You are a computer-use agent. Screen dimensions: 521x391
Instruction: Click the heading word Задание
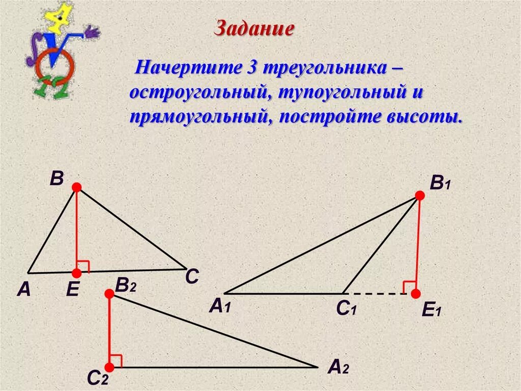(254, 28)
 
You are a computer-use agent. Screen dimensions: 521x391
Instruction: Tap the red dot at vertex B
(76, 188)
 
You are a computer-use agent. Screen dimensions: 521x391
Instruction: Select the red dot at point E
(76, 273)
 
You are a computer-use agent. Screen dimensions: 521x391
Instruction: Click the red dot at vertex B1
(420, 195)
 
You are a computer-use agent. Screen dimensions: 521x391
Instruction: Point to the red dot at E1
(416, 294)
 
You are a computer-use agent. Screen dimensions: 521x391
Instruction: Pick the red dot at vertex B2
(109, 294)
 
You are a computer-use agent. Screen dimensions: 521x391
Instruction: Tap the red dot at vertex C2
(109, 368)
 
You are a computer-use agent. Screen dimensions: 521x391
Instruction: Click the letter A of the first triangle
(23, 290)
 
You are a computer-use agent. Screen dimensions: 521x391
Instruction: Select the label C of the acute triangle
(191, 277)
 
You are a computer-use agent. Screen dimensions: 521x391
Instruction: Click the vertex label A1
(220, 307)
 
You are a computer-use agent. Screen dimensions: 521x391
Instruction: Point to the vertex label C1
(345, 309)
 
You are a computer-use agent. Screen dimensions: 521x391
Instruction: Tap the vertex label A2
(338, 368)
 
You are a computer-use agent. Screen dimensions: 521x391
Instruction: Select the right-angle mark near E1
(409, 286)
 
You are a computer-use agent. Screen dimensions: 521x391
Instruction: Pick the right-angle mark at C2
(116, 360)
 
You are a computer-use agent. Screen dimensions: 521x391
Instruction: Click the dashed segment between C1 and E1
(377, 294)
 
